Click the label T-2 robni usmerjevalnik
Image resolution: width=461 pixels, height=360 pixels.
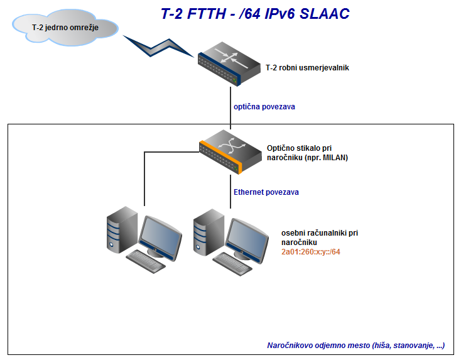tap(307, 67)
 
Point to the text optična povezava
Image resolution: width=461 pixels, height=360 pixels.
tap(264, 107)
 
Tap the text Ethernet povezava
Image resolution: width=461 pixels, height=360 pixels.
tap(266, 192)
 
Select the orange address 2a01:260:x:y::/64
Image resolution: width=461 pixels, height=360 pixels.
tap(311, 251)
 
